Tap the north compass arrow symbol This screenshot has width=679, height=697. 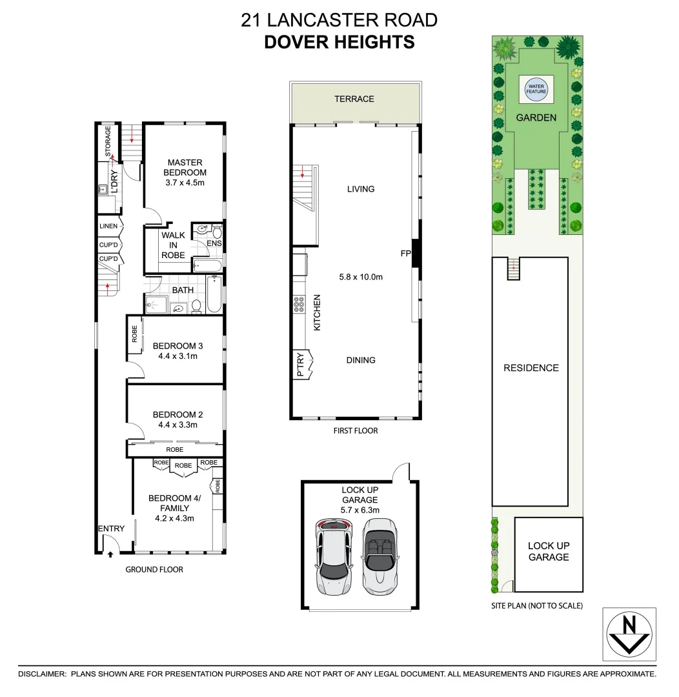click(629, 634)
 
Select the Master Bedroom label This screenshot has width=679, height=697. click(185, 168)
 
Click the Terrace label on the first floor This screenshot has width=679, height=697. click(354, 99)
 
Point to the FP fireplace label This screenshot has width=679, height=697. click(405, 254)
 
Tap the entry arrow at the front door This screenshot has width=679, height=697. click(110, 553)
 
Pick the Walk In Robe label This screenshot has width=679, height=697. click(173, 245)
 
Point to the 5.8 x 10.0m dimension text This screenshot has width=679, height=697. click(361, 278)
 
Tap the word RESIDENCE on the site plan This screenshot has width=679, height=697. click(531, 368)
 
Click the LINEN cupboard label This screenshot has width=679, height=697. click(108, 226)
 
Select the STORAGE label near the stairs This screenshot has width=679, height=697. click(108, 141)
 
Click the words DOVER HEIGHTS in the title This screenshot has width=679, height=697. click(339, 42)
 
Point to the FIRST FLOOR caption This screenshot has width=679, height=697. click(356, 430)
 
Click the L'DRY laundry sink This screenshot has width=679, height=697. click(103, 190)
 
